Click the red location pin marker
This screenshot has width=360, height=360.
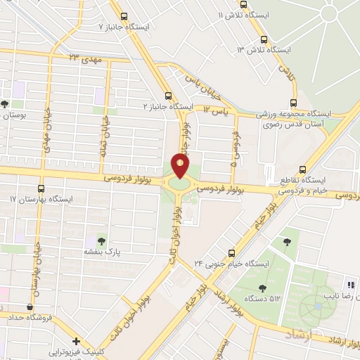181,166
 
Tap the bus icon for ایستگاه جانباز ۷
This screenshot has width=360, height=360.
124,17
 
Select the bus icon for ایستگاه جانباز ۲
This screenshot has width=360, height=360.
167,96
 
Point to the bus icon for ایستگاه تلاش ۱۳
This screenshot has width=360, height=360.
264,39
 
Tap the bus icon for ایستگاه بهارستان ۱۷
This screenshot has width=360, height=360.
40,188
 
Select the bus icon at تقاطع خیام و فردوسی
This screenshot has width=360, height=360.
302,169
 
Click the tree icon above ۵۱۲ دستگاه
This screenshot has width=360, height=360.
262,287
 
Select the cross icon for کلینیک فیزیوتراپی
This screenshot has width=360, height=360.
75,341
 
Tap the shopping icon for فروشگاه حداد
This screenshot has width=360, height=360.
29,307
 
